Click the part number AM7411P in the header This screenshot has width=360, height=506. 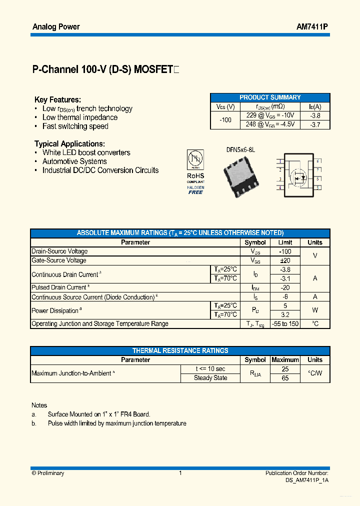(x=312, y=26)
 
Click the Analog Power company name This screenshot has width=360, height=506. (x=56, y=26)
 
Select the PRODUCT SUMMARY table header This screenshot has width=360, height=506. (x=270, y=97)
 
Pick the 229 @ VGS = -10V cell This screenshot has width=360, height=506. (x=270, y=115)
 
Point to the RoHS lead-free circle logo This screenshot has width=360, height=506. (x=195, y=159)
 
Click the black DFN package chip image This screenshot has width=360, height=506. (x=240, y=173)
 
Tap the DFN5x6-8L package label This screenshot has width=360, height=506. (x=240, y=149)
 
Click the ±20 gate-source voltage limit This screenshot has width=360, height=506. (x=285, y=260)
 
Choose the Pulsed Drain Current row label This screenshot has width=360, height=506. (x=59, y=287)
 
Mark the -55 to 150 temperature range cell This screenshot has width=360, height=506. (x=285, y=324)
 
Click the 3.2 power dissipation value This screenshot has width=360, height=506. (x=285, y=315)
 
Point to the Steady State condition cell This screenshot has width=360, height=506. (x=210, y=378)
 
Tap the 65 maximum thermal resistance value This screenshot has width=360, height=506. (x=285, y=378)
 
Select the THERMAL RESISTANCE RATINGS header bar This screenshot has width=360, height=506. (x=180, y=350)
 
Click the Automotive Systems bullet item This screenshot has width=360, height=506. (x=74, y=161)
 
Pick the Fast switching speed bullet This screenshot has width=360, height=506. (x=75, y=126)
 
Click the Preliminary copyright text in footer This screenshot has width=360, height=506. (x=48, y=473)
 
